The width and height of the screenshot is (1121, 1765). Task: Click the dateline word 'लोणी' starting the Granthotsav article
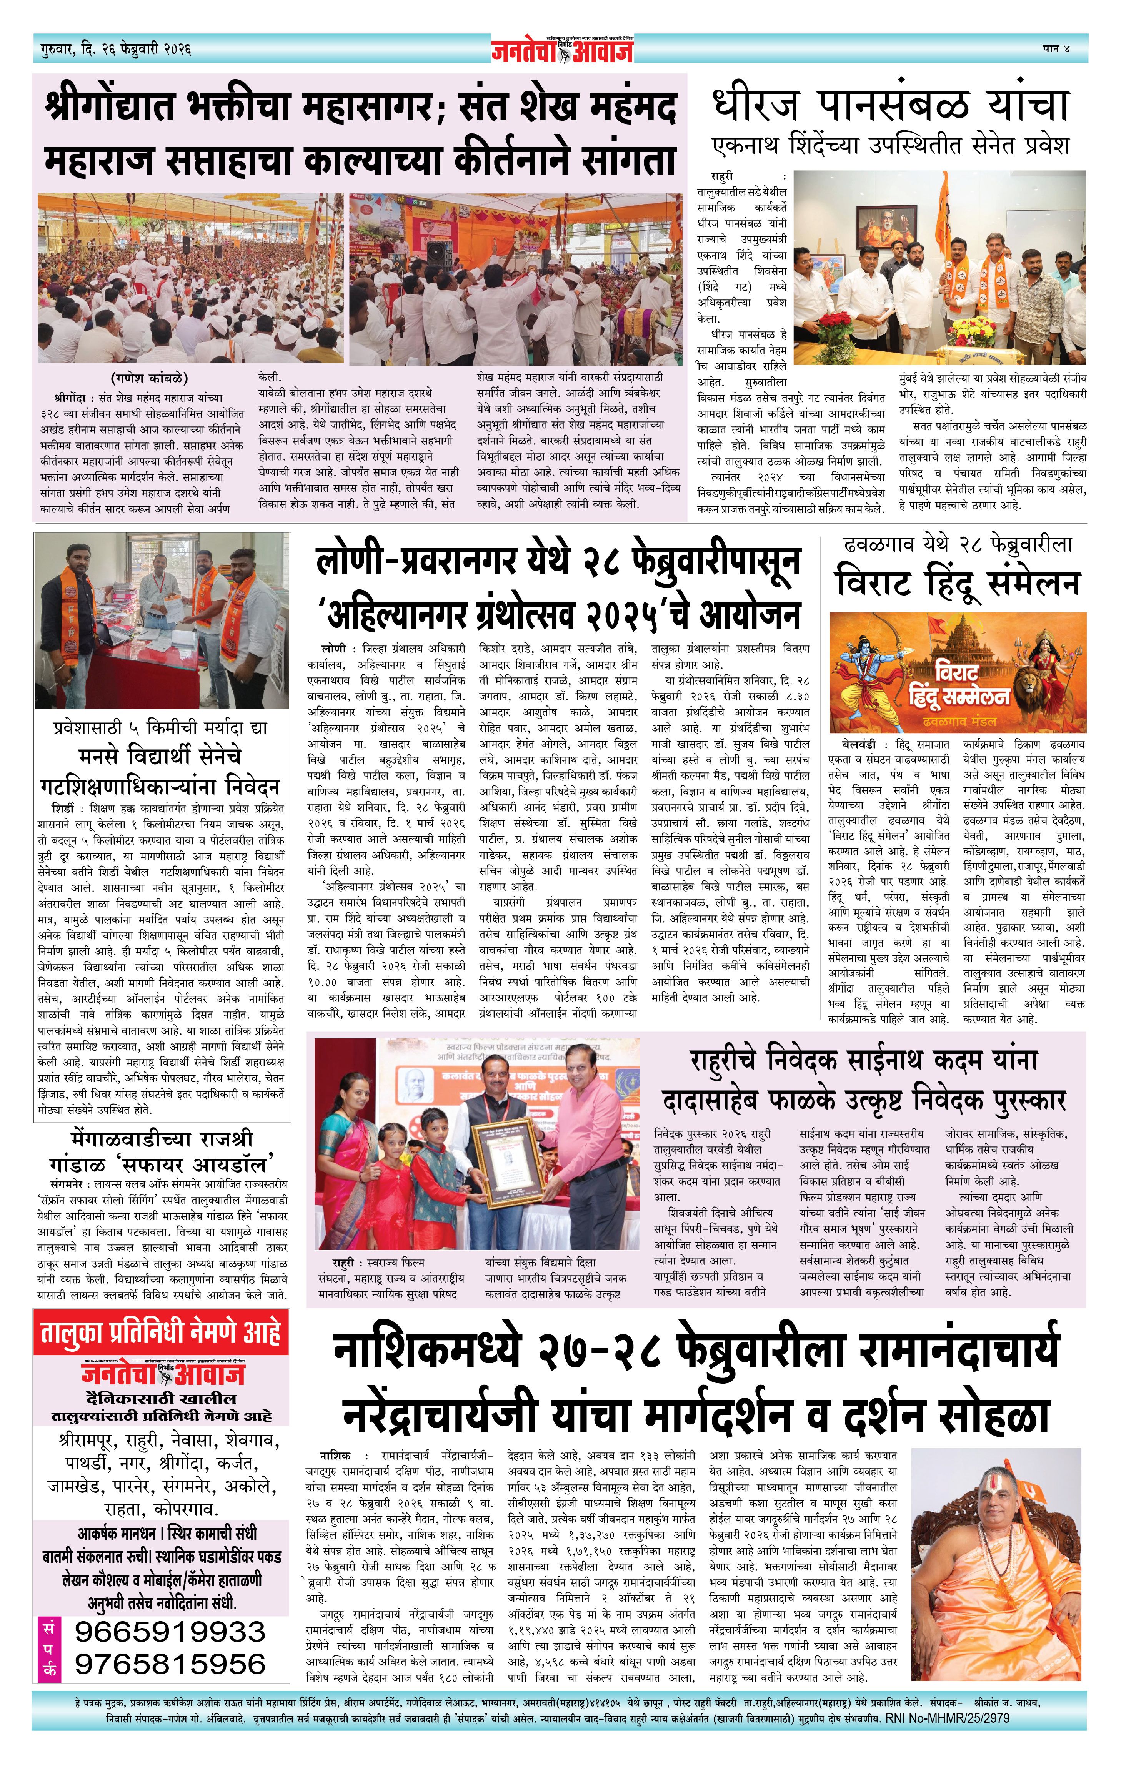(333, 649)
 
